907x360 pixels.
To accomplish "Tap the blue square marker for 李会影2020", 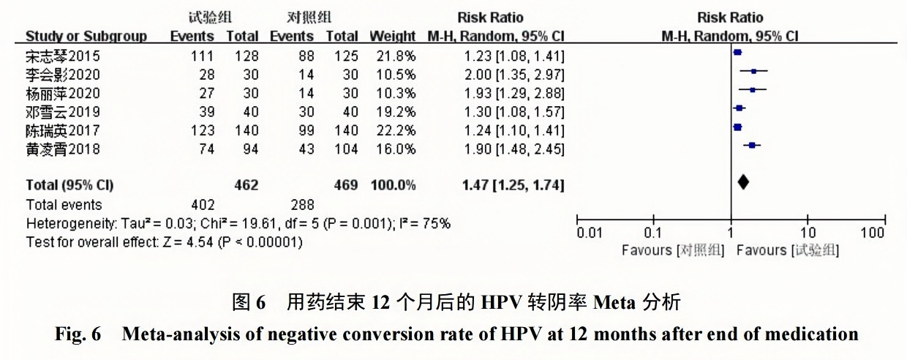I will tap(753, 71).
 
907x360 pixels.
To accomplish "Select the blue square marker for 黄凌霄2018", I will tap(751, 146).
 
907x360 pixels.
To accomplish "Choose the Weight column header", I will tap(393, 36).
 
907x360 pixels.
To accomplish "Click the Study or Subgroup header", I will tap(86, 36).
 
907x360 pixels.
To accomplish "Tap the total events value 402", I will tap(203, 205).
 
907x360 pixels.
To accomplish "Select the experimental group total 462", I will tap(246, 186).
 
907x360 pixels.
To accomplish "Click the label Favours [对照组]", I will tap(672, 251).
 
